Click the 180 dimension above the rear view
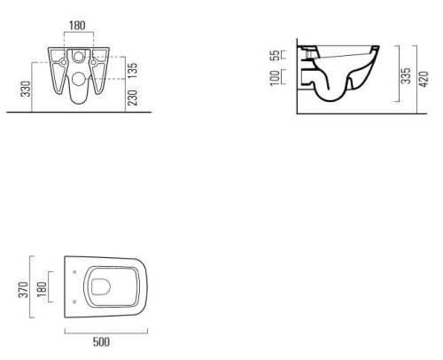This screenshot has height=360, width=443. coord(77,26)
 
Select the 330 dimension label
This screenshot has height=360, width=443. coord(26,89)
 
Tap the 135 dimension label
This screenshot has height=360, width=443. coord(133,70)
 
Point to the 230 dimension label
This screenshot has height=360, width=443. coord(133,98)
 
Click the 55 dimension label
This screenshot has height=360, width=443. coord(275,55)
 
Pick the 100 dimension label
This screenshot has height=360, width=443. coord(275,78)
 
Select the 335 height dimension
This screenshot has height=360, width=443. coord(406,75)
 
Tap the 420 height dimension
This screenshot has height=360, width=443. coord(424,79)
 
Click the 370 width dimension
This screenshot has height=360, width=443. coord(23,290)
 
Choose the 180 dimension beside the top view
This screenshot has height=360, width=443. coord(42,290)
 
